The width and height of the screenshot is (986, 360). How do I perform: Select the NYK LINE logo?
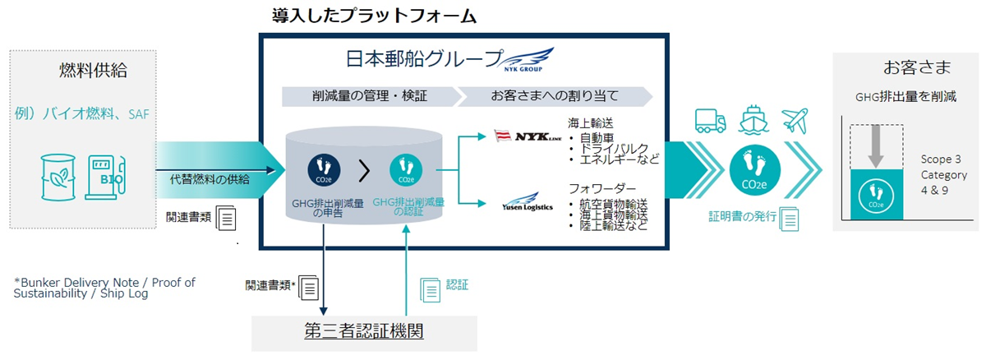click(x=526, y=136)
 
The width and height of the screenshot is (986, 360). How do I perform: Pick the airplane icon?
click(x=795, y=120)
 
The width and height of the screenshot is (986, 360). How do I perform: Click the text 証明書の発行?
click(x=743, y=217)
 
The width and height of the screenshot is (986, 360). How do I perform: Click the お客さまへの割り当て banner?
click(x=555, y=96)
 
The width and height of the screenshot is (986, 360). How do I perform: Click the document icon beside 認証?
click(x=430, y=288)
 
